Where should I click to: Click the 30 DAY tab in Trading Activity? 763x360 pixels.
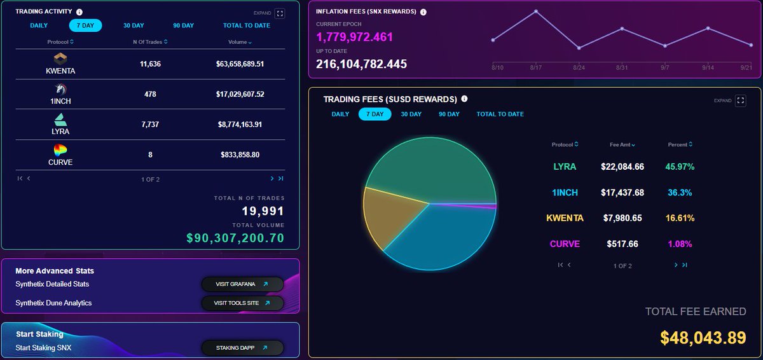pos(134,25)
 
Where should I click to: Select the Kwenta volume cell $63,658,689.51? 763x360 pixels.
pos(240,64)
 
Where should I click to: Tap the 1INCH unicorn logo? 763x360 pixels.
pos(60,89)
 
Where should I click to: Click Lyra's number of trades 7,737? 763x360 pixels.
pos(150,125)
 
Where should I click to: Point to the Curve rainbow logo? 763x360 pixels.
pos(60,150)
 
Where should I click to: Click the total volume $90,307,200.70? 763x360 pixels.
pos(235,239)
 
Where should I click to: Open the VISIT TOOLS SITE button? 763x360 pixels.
pos(242,303)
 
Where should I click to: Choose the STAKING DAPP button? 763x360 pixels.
pos(242,348)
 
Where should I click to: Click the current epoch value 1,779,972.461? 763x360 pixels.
pos(354,38)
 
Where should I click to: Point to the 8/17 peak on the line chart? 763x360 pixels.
pos(536,11)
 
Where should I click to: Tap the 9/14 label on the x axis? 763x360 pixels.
pos(708,67)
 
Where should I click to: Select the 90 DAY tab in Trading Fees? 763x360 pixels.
pos(449,114)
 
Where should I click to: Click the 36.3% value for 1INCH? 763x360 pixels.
pos(680,193)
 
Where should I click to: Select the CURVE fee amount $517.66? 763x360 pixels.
pos(622,244)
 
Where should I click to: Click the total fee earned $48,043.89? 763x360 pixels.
pos(703,338)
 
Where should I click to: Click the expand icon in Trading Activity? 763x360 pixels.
pos(280,13)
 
